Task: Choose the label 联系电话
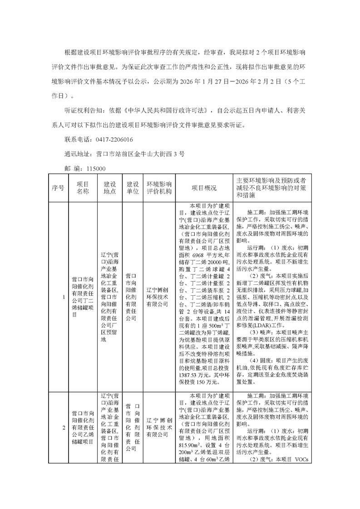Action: point(77,139)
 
